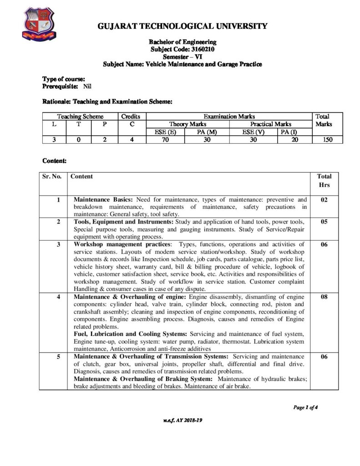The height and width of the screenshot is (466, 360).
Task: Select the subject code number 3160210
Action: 198,49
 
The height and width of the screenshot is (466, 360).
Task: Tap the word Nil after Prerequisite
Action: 87,86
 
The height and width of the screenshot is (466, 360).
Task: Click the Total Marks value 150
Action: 325,140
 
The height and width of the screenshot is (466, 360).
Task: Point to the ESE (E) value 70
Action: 165,140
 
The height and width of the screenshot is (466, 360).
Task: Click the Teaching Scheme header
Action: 80,116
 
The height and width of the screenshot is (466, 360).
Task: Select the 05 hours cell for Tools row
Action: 324,222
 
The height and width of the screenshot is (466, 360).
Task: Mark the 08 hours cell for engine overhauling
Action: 324,296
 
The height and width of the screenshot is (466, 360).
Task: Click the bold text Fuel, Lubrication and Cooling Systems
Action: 131,334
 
